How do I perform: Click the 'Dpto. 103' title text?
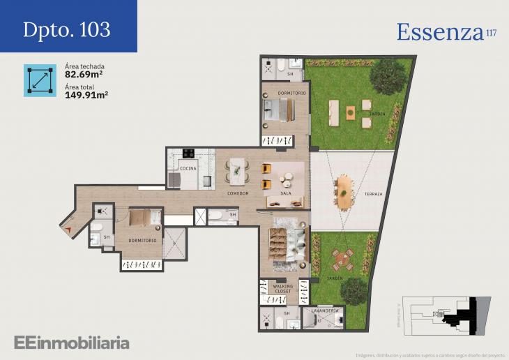[x=66, y=29]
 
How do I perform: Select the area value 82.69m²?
[x=85, y=74]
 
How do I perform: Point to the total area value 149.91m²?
[x=86, y=96]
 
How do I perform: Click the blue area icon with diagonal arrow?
[x=40, y=80]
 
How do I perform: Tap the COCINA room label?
[x=188, y=168]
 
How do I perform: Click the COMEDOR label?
[x=238, y=193]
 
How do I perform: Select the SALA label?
[x=285, y=193]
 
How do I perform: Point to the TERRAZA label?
[x=373, y=193]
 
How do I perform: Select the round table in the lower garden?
[x=341, y=260]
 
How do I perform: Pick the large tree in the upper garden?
[x=384, y=78]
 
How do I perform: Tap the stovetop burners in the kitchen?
[x=188, y=153]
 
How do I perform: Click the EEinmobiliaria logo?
[x=72, y=342]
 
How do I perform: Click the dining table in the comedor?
[x=238, y=169]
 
